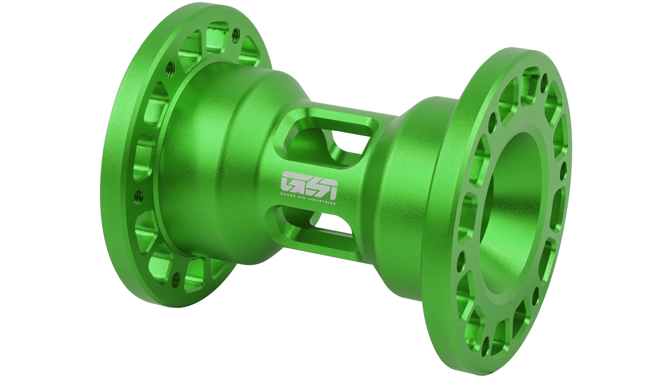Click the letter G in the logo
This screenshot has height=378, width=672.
coord(289,181)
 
